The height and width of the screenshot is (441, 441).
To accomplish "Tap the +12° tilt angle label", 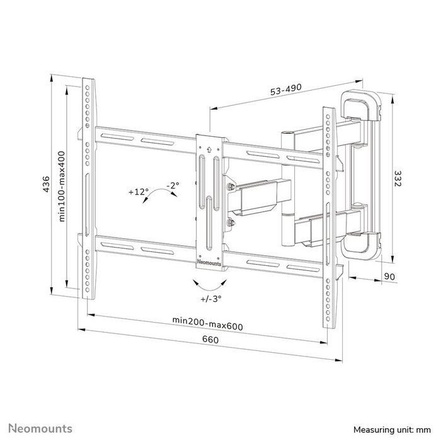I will tap(137, 191).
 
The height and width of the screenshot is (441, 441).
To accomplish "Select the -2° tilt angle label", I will tap(172, 185).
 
